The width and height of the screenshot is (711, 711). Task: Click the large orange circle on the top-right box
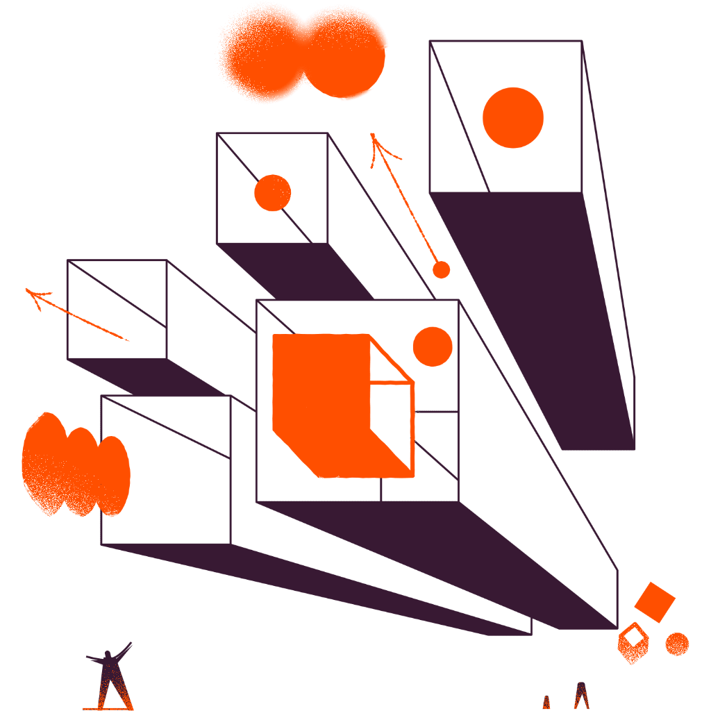[x=513, y=117]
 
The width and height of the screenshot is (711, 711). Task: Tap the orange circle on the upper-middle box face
[x=272, y=193]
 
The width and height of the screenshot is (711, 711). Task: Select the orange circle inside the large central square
[x=432, y=346]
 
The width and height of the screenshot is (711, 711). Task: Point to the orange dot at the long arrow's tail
[x=441, y=269]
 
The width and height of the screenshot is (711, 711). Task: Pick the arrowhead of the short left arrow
[x=31, y=291]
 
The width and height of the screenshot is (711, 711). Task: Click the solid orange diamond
[x=654, y=601]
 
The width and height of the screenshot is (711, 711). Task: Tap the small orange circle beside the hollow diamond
[x=676, y=644]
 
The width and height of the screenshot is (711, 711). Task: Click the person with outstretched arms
[x=109, y=677]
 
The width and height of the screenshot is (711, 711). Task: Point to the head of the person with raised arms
[x=108, y=655]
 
